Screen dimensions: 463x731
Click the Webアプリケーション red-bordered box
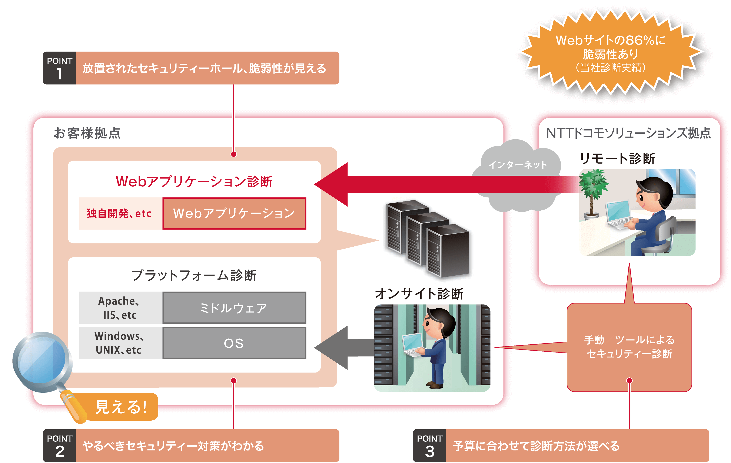point(234,213)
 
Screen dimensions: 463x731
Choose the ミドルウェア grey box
point(234,308)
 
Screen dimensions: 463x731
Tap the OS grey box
point(234,343)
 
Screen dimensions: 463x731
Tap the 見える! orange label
point(122,407)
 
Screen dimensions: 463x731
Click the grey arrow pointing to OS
point(340,348)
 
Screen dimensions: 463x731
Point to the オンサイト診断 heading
point(419,294)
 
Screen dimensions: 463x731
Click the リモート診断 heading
point(617,159)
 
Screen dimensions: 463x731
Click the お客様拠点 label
point(87,133)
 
